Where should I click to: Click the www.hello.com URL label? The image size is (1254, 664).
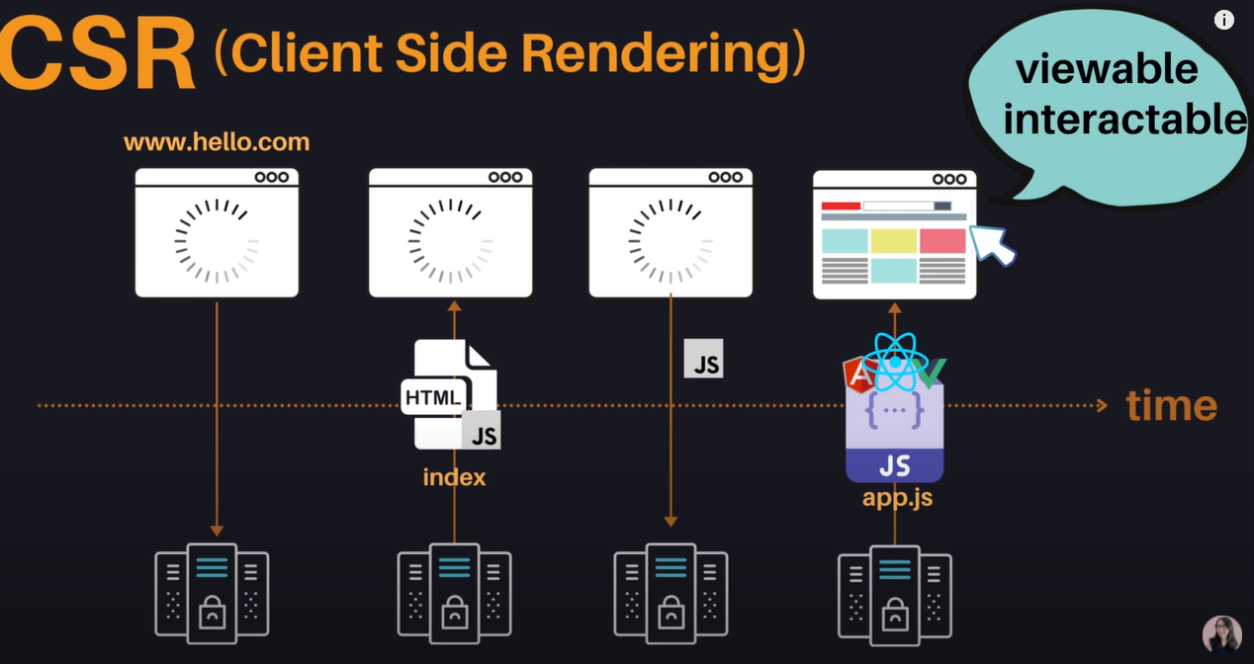pyautogui.click(x=217, y=142)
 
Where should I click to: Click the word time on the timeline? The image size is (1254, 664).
pyautogui.click(x=1171, y=405)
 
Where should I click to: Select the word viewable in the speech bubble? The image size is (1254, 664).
pyautogui.click(x=1107, y=69)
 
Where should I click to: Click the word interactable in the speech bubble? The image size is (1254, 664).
pyautogui.click(x=1124, y=119)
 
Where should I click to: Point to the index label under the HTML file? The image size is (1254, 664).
pyautogui.click(x=454, y=477)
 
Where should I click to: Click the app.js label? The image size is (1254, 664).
pyautogui.click(x=897, y=497)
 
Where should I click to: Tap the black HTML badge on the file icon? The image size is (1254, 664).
pyautogui.click(x=433, y=397)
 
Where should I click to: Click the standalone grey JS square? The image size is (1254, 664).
pyautogui.click(x=703, y=359)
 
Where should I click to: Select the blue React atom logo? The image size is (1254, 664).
pyautogui.click(x=894, y=362)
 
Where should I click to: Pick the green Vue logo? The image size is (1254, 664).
pyautogui.click(x=931, y=372)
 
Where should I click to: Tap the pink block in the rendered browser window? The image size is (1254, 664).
pyautogui.click(x=941, y=241)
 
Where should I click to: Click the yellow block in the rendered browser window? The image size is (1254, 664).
pyautogui.click(x=893, y=241)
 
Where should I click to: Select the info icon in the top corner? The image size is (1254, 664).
pyautogui.click(x=1223, y=20)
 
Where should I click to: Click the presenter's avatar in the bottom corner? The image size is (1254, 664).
pyautogui.click(x=1221, y=634)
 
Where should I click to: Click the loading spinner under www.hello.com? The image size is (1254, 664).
pyautogui.click(x=217, y=240)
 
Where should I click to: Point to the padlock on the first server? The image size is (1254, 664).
pyautogui.click(x=212, y=615)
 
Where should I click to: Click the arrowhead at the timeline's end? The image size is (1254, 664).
pyautogui.click(x=1103, y=405)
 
